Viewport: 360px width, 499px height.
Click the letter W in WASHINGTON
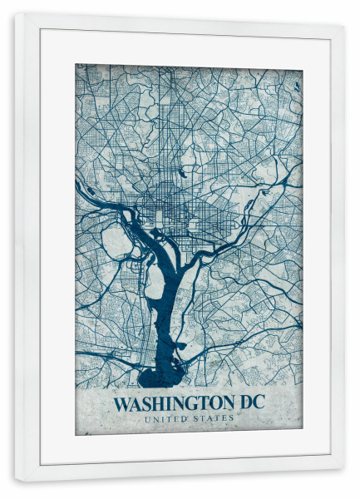pyautogui.click(x=121, y=405)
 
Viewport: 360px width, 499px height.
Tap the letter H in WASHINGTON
pyautogui.click(x=155, y=405)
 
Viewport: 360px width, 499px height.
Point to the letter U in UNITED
pyautogui.click(x=146, y=418)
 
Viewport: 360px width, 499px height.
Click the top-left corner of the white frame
pyautogui.click(x=16, y=14)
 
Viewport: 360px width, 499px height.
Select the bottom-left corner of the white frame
pyautogui.click(x=16, y=480)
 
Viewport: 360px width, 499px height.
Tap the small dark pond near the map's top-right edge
pyautogui.click(x=296, y=85)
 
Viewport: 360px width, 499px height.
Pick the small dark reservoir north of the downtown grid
pyautogui.click(x=180, y=174)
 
